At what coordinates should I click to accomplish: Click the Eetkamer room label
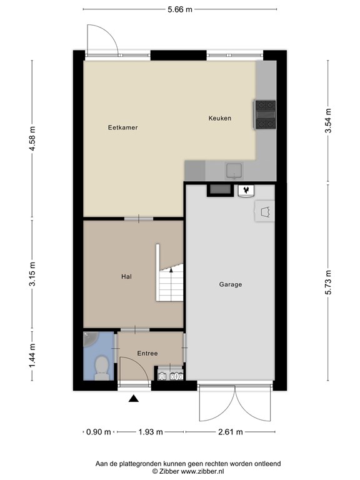click(122, 127)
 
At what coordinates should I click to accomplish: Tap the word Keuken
click(220, 118)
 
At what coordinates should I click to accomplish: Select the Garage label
click(231, 284)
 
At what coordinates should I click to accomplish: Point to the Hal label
click(126, 276)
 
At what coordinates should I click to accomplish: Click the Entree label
click(147, 353)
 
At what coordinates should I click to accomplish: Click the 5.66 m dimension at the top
click(180, 9)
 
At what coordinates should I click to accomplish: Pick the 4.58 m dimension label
click(32, 138)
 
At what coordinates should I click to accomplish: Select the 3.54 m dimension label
click(328, 121)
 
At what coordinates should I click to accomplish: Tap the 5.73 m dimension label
click(328, 282)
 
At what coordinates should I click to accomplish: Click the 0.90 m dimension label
click(99, 432)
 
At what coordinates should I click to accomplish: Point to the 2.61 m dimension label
click(231, 432)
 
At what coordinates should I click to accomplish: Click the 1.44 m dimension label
click(32, 356)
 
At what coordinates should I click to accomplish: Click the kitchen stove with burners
click(265, 114)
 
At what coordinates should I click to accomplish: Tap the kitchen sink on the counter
click(234, 171)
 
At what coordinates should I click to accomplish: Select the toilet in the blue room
click(101, 368)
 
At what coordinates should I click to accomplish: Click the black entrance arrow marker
click(134, 398)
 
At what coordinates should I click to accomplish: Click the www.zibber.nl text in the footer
click(202, 471)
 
